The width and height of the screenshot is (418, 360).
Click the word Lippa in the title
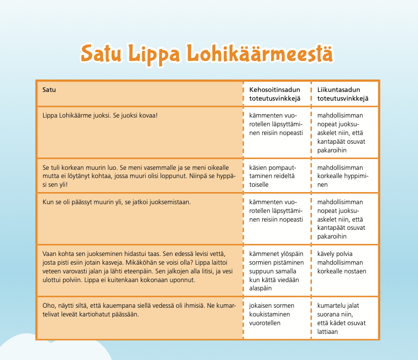pos(158,53)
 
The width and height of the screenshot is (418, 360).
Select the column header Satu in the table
pos(49,90)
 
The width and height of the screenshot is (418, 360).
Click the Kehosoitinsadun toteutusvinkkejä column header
pos(275,94)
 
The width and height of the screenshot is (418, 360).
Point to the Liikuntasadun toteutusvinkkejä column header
pos(343,94)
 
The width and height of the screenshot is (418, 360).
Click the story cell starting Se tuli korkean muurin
pos(139,176)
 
